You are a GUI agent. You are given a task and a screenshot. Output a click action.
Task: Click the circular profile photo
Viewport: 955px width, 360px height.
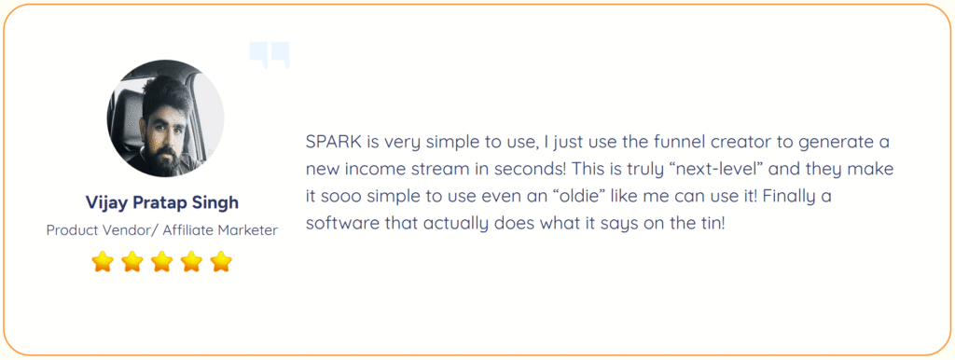166,118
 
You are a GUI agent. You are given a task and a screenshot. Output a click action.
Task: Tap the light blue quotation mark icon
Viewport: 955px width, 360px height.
270,54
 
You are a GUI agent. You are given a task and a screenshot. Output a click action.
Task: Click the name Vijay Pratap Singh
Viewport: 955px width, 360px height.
162,202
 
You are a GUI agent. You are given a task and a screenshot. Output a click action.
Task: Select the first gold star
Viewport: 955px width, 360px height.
103,262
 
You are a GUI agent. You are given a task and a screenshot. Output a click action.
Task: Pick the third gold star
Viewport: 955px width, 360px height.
162,262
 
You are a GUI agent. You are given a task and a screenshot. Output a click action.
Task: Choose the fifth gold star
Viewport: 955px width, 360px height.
221,262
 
